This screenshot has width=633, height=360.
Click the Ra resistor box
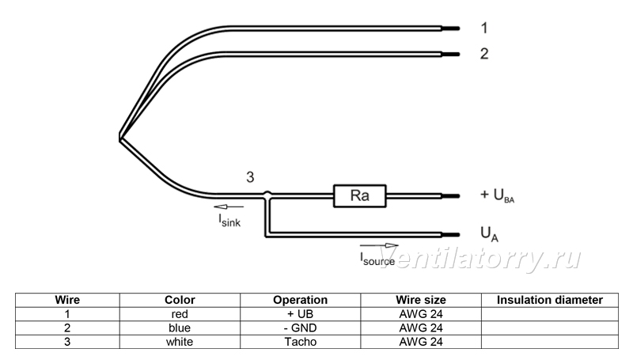(x=359, y=195)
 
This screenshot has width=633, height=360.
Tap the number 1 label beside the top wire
(x=484, y=28)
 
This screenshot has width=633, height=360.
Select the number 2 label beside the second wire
(x=484, y=54)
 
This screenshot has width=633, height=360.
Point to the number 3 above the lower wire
(x=250, y=177)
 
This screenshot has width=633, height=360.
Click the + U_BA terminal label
(x=497, y=195)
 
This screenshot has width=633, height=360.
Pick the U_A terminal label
(x=489, y=234)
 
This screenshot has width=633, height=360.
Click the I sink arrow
(x=229, y=207)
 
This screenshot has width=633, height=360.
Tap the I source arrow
(x=379, y=245)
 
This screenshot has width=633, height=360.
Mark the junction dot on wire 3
(x=267, y=195)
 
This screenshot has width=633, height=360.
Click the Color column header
(x=180, y=300)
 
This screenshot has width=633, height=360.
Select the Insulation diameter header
(x=549, y=300)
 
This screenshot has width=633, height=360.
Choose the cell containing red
(x=180, y=314)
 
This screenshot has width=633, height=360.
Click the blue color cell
(x=180, y=328)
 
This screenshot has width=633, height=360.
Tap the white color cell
(x=180, y=342)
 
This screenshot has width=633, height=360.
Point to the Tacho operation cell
(x=301, y=342)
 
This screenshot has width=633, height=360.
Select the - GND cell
(x=301, y=328)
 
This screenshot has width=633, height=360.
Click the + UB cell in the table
(x=301, y=314)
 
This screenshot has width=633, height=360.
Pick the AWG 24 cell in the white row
(x=421, y=342)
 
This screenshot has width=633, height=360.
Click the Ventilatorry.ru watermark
(x=480, y=258)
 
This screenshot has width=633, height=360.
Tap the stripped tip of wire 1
(x=450, y=28)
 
